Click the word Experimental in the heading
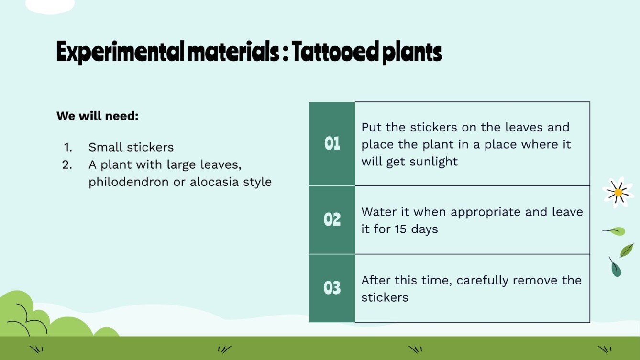coord(120,53)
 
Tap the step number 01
coord(332,143)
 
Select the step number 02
coord(332,220)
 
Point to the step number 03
coord(332,288)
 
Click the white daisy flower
coord(618,192)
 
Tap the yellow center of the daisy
coord(618,193)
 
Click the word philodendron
coord(129,182)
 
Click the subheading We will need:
coord(98,116)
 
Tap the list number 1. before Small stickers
coord(67,147)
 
